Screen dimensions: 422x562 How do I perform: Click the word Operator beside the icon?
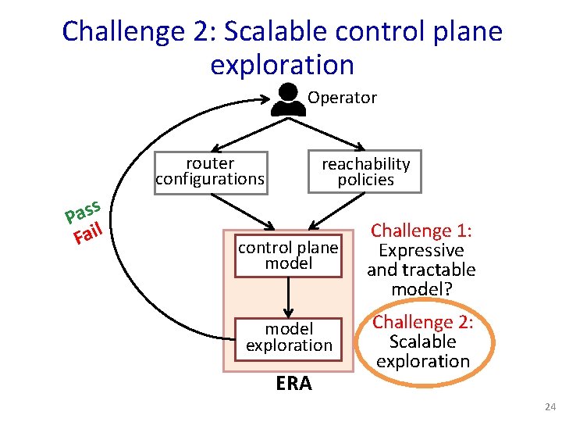342,98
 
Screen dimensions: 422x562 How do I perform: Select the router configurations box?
210,171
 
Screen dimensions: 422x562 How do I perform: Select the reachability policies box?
365,171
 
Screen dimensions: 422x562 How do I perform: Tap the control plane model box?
288,256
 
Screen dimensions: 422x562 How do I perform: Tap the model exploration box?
289,338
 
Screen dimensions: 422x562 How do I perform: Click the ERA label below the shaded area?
293,384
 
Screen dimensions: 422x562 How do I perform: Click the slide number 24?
550,407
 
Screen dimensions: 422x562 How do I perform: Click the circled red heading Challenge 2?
422,322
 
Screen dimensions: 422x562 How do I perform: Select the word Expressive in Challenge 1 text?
421,251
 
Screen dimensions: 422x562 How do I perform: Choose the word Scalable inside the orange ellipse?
422,342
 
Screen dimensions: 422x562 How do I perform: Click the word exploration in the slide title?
282,64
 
